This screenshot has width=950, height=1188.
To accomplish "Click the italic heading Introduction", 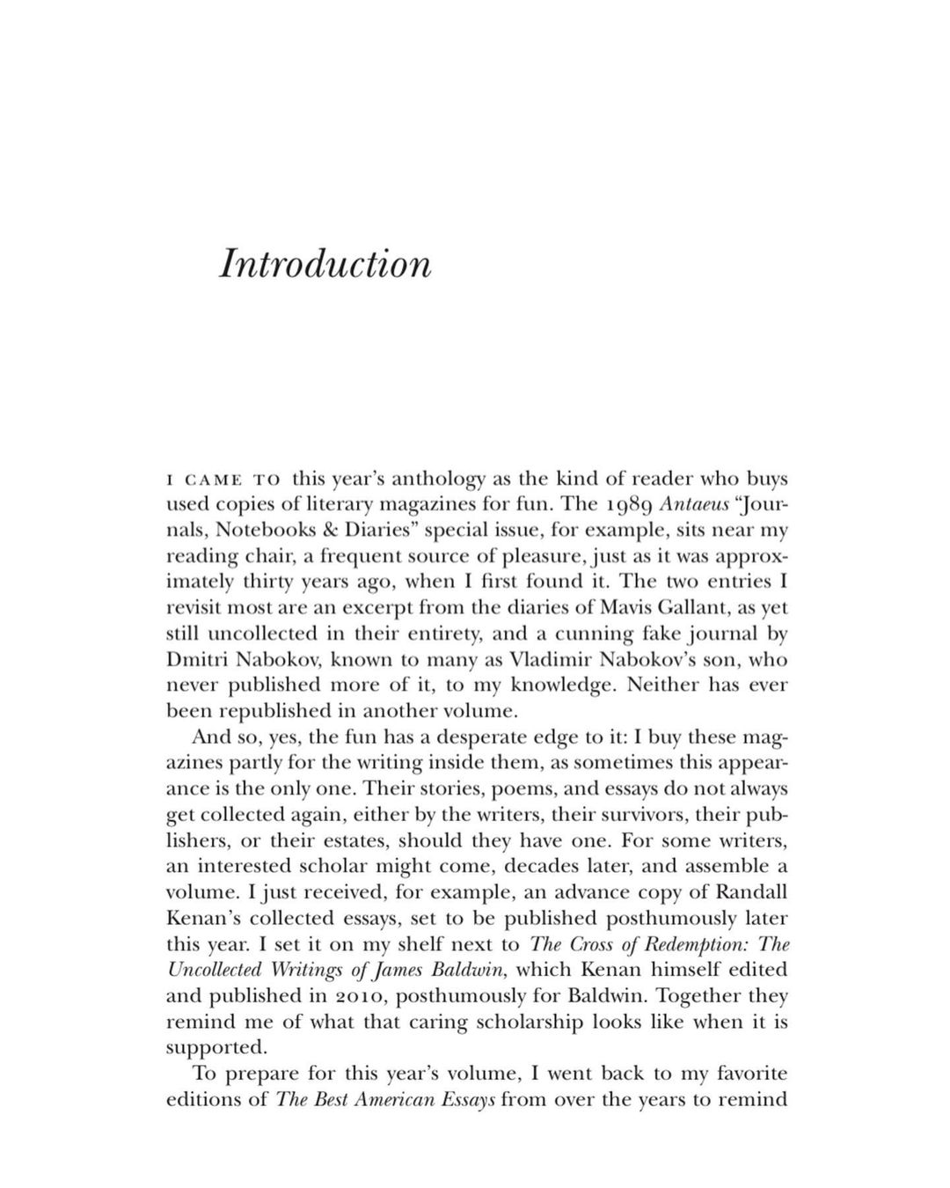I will click(x=325, y=264).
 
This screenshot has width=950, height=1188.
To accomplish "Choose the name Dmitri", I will click(x=204, y=659).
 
